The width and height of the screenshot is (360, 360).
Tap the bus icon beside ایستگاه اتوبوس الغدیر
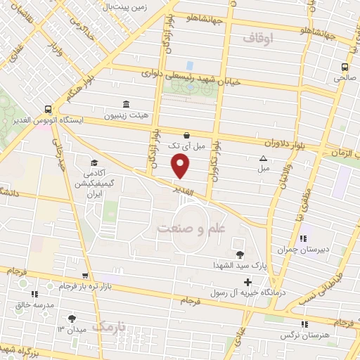(x=48, y=109)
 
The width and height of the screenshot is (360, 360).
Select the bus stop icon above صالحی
(x=344, y=67)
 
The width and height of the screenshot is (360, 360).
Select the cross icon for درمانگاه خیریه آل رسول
(x=247, y=283)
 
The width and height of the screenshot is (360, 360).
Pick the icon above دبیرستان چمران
(x=304, y=237)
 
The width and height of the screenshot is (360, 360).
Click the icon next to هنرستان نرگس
(x=304, y=323)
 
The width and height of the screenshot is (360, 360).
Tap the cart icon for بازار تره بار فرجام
(x=84, y=276)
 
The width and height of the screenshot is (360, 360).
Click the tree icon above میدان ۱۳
(x=71, y=318)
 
